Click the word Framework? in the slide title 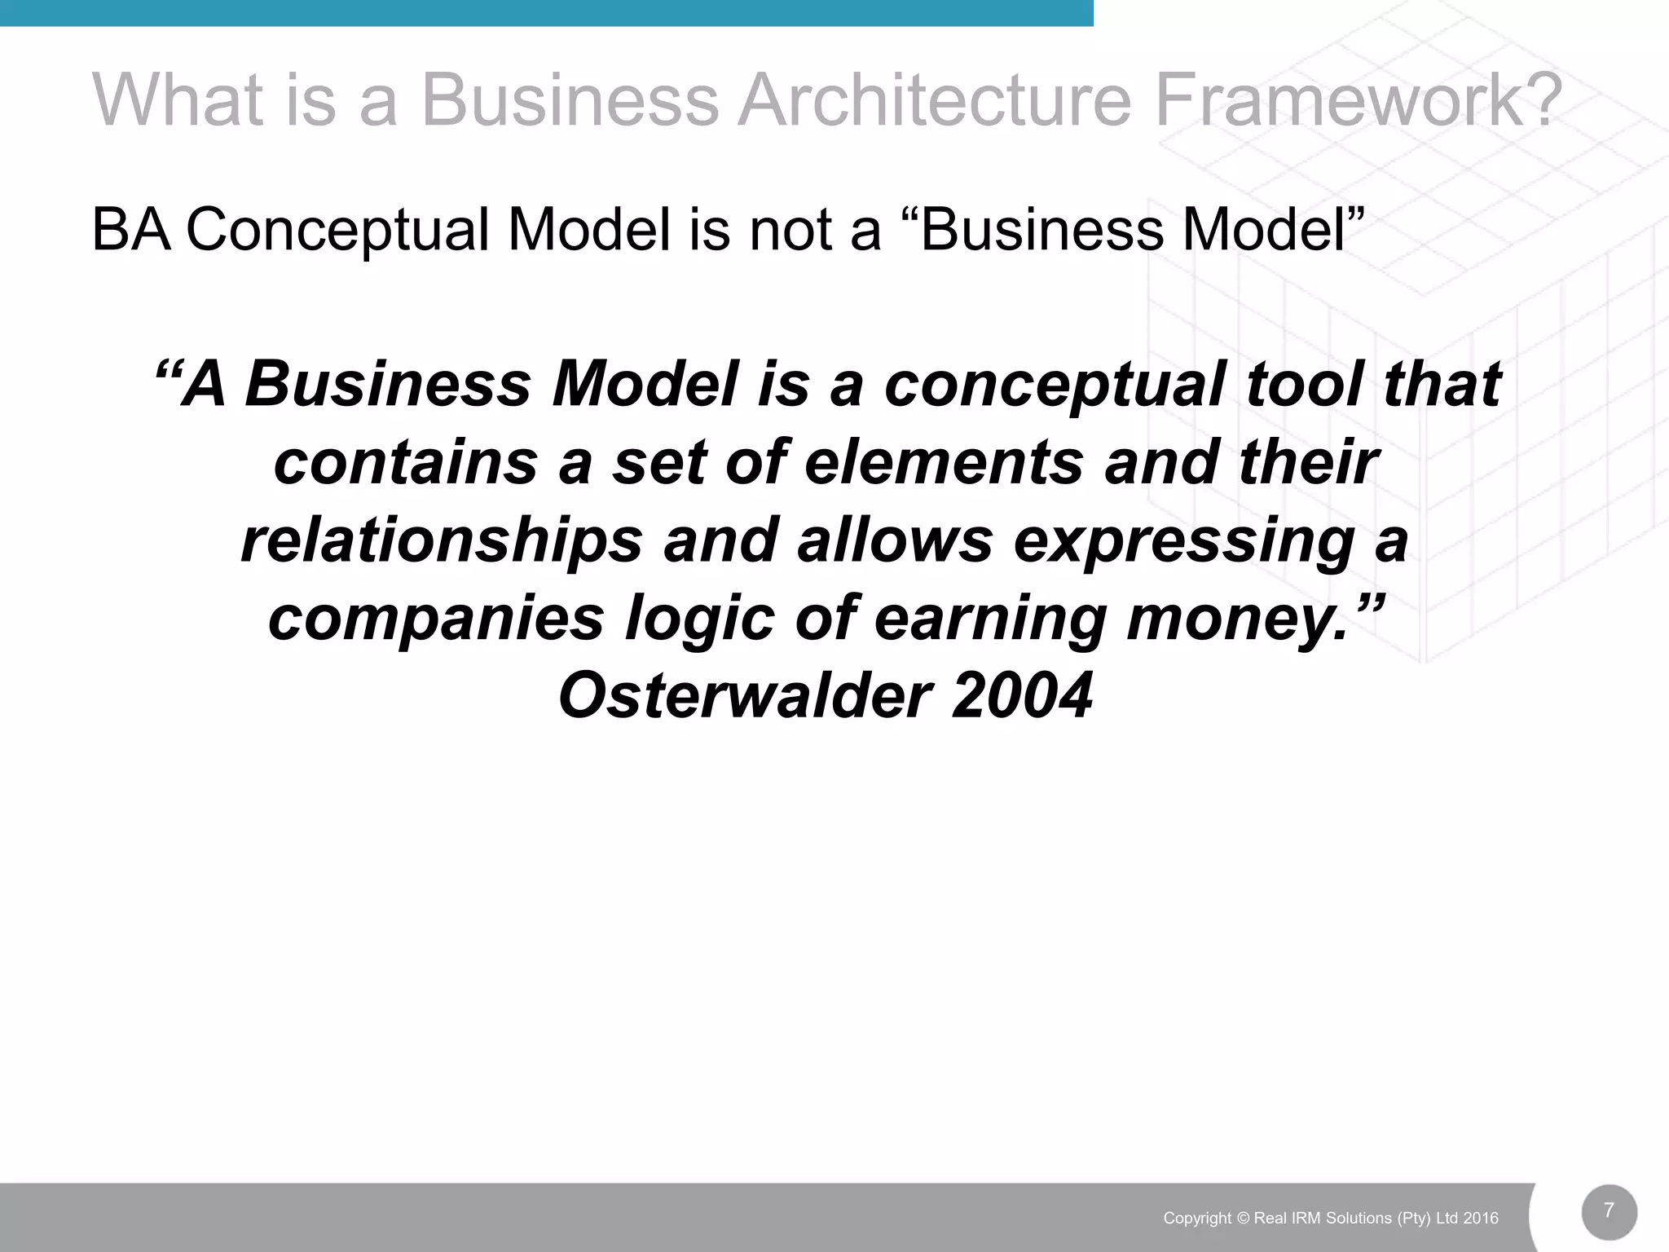coord(1357,101)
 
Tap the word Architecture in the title coord(934,101)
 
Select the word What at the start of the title coord(178,101)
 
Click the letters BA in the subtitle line coord(131,230)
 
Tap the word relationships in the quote coord(442,540)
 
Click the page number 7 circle coord(1609,1211)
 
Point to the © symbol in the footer coord(1243,1219)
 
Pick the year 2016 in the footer coord(1481,1219)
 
